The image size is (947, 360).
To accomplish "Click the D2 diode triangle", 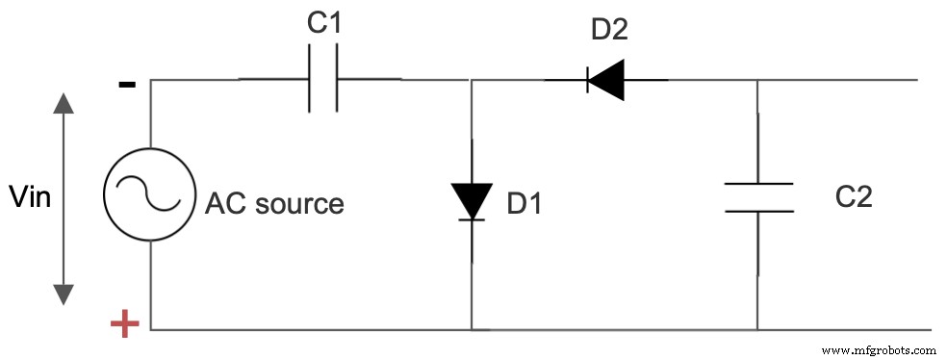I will (x=606, y=80).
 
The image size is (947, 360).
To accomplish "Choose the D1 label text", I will (x=525, y=204).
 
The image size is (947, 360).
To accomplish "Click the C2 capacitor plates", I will (x=758, y=196).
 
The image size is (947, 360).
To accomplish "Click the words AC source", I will (x=274, y=204).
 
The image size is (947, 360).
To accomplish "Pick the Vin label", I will (x=29, y=198).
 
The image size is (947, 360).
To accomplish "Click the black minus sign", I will (x=126, y=85).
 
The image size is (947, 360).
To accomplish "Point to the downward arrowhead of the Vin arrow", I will (x=64, y=294).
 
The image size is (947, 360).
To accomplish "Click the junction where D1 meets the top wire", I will (x=471, y=80).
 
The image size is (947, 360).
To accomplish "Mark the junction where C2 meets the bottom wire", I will (x=758, y=329).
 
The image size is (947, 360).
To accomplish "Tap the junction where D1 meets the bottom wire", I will (x=471, y=329).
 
